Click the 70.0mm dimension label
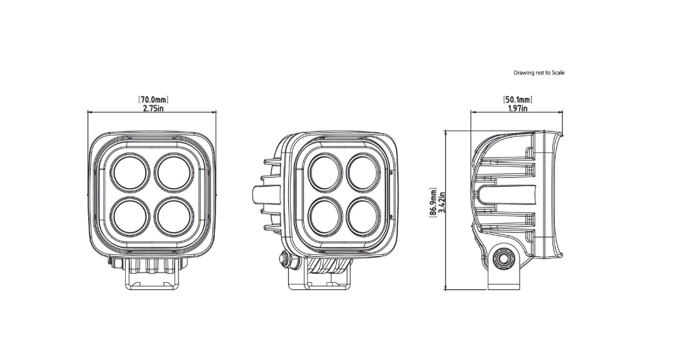(153, 99)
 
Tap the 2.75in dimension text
(153, 108)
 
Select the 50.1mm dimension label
(517, 99)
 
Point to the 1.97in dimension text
(517, 108)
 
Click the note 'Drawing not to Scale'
(539, 73)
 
